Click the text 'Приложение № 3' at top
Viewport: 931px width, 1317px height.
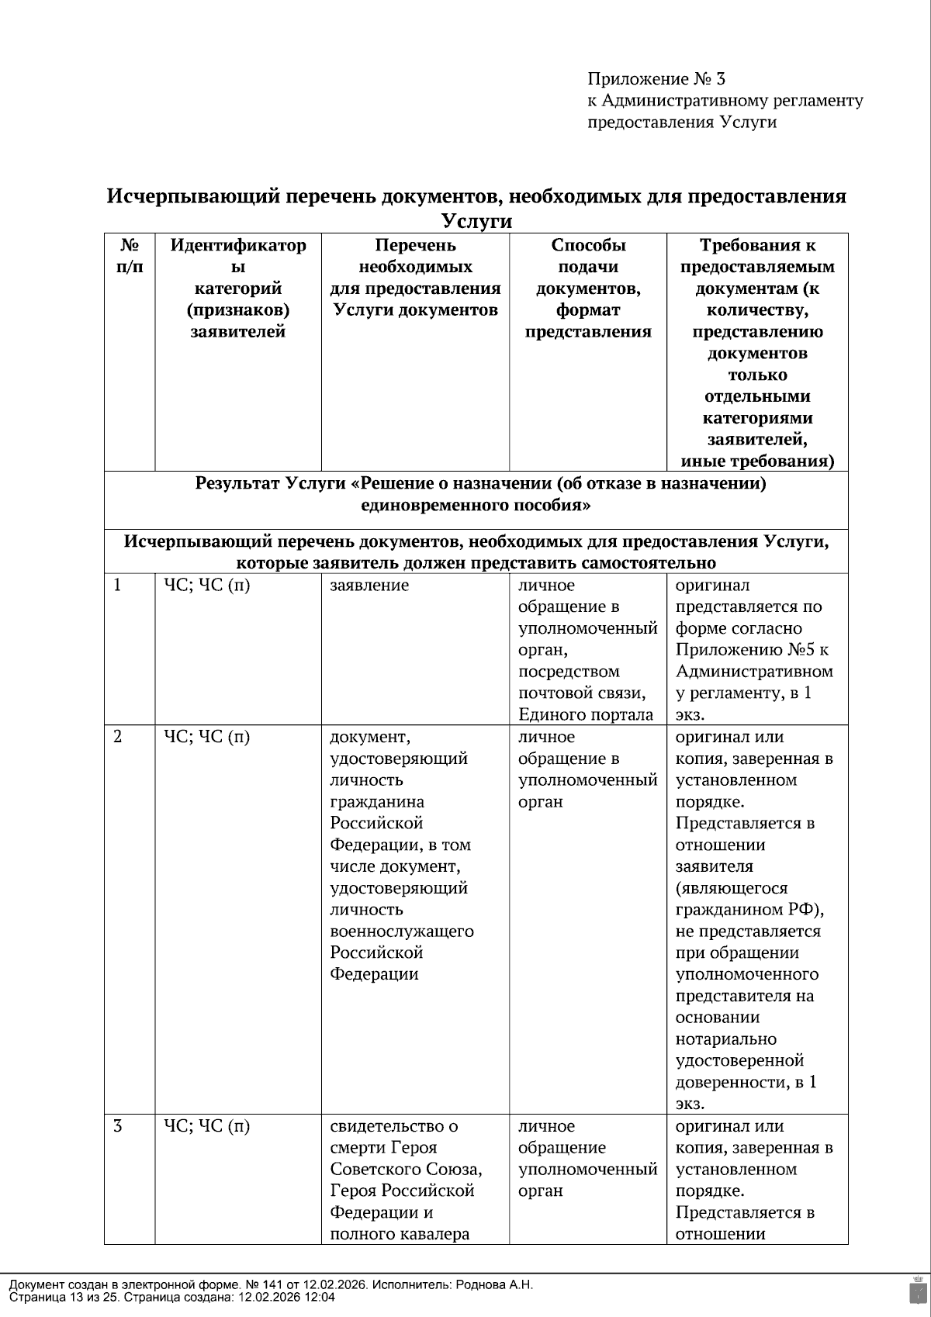point(656,78)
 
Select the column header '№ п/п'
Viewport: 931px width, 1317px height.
point(130,256)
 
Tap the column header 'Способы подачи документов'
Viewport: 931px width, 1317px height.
point(588,289)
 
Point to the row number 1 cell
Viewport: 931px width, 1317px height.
point(118,586)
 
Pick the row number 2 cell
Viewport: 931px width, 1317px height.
point(118,737)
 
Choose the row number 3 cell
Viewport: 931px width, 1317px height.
point(118,1126)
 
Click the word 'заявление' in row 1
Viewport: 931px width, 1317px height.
point(369,586)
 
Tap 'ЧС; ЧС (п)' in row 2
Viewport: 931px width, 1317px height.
point(206,737)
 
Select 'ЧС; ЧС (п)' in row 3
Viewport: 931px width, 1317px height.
point(206,1126)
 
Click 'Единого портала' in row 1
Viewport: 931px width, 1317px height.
point(586,715)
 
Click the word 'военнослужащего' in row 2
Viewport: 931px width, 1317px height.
point(402,931)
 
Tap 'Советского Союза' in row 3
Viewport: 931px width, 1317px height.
point(406,1169)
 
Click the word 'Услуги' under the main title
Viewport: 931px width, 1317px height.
point(476,221)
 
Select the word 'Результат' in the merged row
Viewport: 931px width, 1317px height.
point(237,484)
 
